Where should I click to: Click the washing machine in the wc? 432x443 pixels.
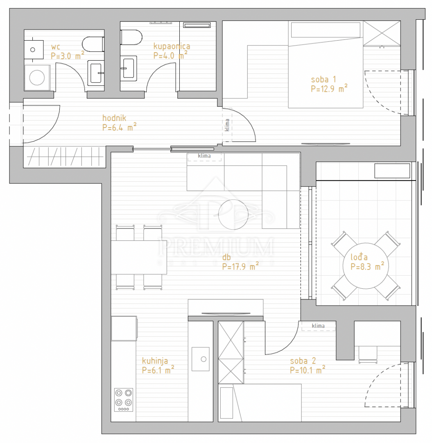point(37,78)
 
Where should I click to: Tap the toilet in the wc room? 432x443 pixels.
point(93,44)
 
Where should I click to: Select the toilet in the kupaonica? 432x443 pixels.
point(131,37)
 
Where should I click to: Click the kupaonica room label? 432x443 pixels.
point(172,46)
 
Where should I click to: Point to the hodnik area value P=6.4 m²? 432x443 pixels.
point(119,128)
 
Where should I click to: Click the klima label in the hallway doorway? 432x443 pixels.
point(227,125)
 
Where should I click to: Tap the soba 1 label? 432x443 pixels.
point(323,80)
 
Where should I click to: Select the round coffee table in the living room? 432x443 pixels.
point(233,214)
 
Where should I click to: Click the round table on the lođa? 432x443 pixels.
point(366,266)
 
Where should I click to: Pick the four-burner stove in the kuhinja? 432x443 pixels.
point(124,400)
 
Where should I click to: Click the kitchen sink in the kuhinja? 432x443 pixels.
point(201,359)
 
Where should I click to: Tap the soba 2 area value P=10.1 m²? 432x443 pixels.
point(308,370)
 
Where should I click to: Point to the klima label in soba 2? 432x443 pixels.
point(318,326)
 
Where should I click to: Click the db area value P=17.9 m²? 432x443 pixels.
point(240,267)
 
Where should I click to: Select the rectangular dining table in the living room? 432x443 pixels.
point(139,257)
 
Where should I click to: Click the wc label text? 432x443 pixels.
point(56,47)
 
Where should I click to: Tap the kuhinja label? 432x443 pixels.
point(155,361)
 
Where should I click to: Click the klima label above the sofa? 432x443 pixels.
point(204,156)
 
